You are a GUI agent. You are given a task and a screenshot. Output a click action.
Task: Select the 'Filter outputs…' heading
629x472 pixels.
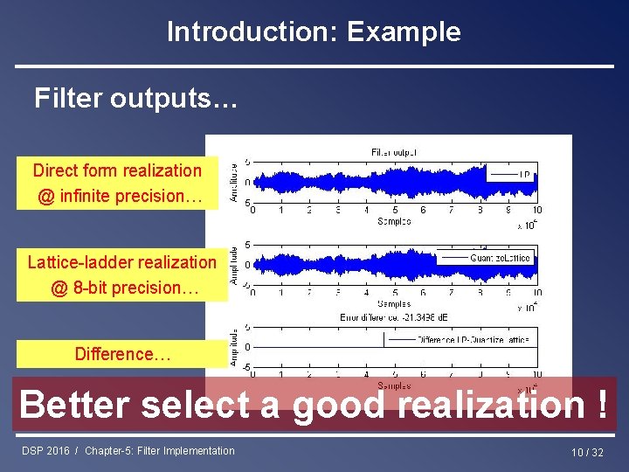point(135,99)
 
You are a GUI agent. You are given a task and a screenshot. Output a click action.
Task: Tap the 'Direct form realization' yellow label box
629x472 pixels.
point(117,183)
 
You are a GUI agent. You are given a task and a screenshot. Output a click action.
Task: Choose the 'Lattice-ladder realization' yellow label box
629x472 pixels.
point(121,274)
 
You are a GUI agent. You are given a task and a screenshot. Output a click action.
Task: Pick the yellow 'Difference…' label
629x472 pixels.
point(122,354)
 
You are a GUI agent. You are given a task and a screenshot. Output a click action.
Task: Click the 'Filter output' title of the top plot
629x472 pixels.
point(394,152)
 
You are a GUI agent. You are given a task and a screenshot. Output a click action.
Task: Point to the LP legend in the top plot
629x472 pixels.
point(511,174)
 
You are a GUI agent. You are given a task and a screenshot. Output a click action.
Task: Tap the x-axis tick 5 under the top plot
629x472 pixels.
point(395,210)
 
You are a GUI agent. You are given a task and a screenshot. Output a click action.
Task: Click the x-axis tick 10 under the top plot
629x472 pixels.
point(536,210)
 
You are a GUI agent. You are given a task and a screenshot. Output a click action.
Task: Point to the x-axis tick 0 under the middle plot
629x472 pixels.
point(253,293)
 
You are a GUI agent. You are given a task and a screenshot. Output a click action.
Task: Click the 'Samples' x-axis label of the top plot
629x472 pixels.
point(394,222)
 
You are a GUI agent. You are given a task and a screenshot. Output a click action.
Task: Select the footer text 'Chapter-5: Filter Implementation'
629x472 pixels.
point(160,451)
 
